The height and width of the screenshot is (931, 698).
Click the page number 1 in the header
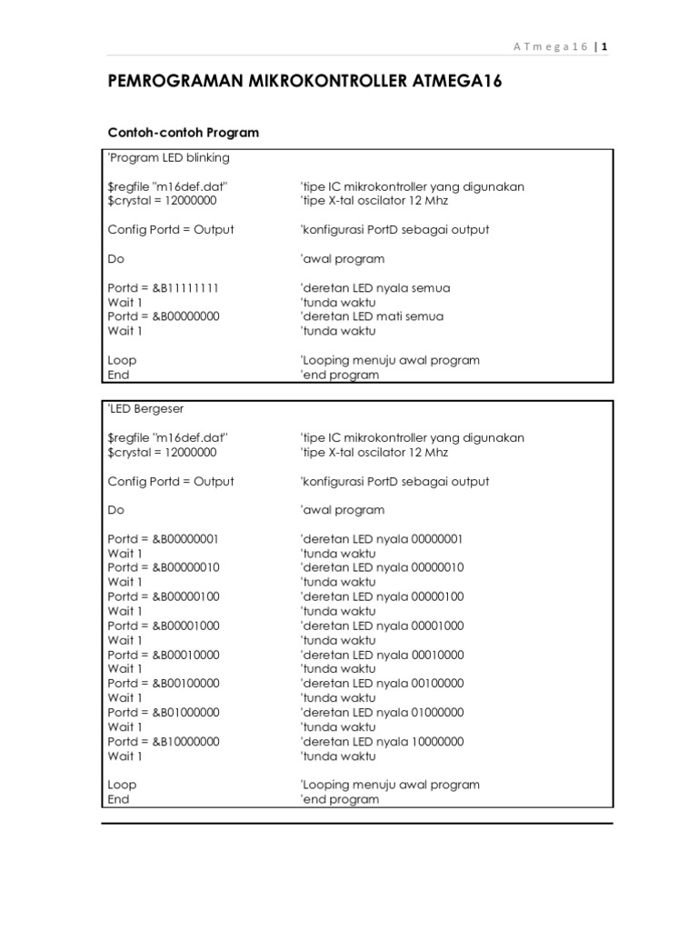click(x=603, y=47)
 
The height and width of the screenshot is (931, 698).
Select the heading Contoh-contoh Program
click(x=183, y=133)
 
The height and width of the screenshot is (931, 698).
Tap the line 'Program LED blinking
click(x=169, y=157)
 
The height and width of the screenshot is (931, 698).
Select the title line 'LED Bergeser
click(x=145, y=409)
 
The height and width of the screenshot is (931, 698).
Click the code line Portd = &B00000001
click(x=164, y=538)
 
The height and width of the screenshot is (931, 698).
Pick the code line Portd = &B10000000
click(x=164, y=741)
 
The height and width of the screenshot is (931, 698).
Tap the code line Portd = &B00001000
click(x=164, y=626)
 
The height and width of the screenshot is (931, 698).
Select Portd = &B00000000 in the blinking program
click(x=164, y=316)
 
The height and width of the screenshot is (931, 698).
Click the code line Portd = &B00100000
click(x=164, y=683)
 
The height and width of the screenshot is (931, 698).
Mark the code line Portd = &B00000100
click(x=164, y=596)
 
